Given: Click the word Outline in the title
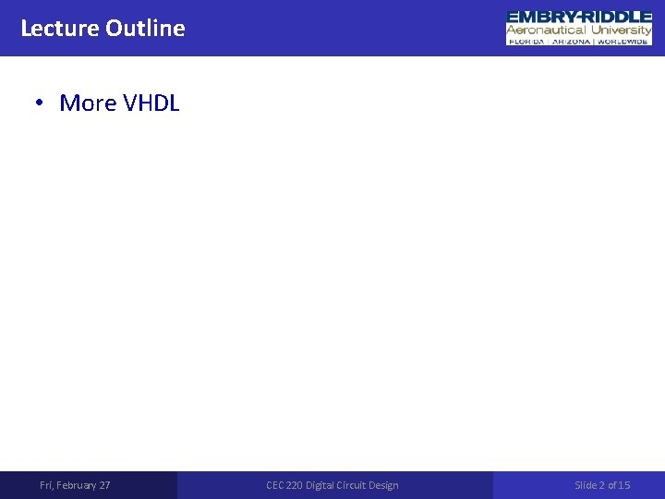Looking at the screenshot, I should [145, 28].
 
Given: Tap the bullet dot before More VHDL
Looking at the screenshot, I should [40, 103].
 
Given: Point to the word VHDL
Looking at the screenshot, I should [151, 103].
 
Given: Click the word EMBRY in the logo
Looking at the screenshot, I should [541, 17].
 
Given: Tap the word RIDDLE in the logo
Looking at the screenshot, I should [618, 17].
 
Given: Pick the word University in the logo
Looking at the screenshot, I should [622, 30].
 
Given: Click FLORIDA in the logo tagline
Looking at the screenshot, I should [528, 41].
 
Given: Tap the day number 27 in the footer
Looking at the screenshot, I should [104, 485].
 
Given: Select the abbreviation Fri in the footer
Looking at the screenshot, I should [47, 485].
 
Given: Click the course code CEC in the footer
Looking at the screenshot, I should [275, 485].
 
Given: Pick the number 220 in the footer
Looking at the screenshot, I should [296, 485].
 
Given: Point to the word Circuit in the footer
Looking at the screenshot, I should [357, 485].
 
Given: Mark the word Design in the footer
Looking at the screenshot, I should [386, 485].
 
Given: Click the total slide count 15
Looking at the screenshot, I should [624, 485].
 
